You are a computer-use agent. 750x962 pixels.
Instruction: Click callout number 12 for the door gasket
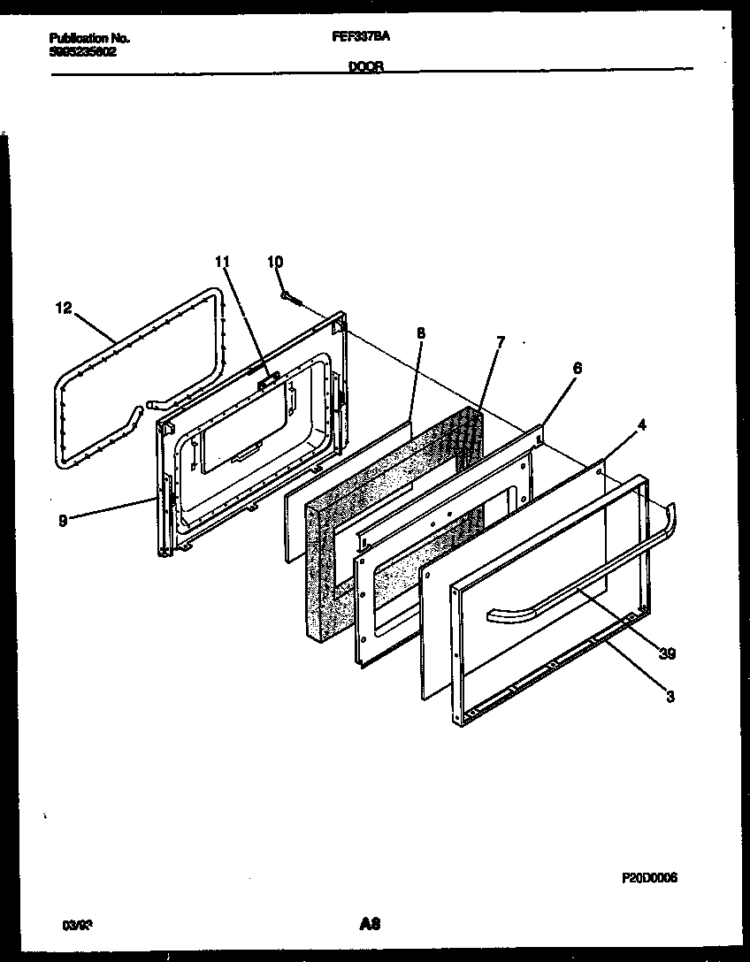tap(61, 309)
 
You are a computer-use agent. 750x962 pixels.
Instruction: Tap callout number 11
tap(221, 261)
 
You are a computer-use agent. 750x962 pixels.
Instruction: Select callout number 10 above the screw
tap(275, 261)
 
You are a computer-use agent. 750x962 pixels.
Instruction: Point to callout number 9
tap(62, 520)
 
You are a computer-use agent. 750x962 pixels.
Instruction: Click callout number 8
tap(420, 333)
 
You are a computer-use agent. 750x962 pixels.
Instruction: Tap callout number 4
tap(641, 424)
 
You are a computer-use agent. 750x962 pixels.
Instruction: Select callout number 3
tap(670, 697)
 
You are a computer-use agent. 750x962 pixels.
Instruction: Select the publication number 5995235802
tap(82, 51)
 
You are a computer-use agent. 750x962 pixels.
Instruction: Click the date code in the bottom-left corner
tap(77, 926)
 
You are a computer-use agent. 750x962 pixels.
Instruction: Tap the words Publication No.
tap(88, 38)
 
